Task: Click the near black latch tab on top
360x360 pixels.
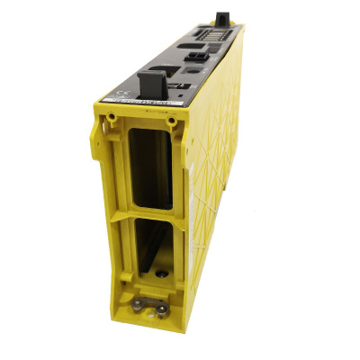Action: pos(151,85)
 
